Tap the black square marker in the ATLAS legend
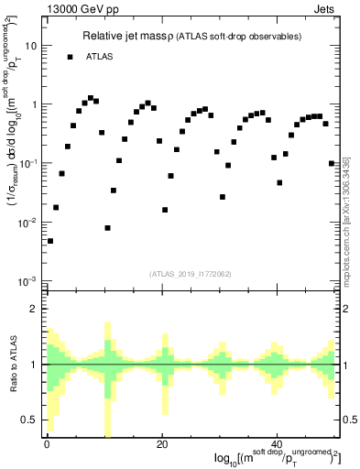(x=70, y=57)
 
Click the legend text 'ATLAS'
(x=101, y=57)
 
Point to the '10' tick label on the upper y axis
(x=30, y=45)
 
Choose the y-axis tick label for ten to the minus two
(x=28, y=223)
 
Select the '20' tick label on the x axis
(x=162, y=444)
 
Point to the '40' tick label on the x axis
(x=278, y=444)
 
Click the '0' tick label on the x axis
(x=47, y=444)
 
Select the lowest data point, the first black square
(x=50, y=241)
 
